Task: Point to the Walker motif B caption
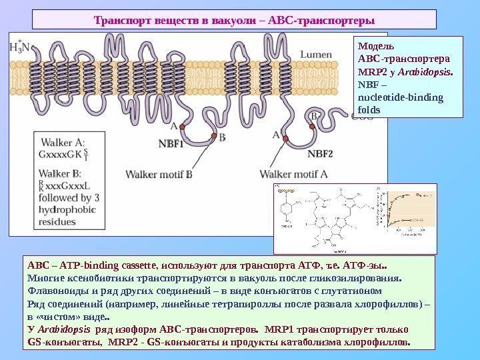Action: pos(159,175)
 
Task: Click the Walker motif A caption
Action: pos(293,175)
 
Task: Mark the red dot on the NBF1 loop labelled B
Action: pos(214,136)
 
